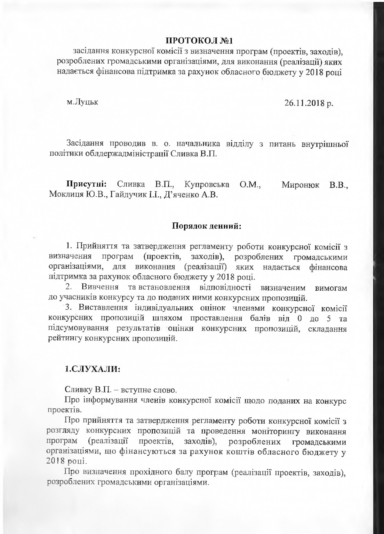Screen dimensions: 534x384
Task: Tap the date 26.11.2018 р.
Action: click(308, 104)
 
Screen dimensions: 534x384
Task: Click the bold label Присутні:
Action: click(86, 185)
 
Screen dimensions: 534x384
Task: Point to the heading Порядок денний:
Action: click(206, 226)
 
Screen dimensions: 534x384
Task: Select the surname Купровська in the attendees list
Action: click(207, 185)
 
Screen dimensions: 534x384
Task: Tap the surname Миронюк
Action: click(300, 185)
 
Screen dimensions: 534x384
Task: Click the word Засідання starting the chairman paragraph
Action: click(84, 144)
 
